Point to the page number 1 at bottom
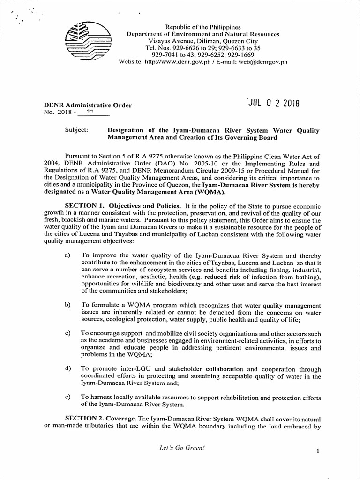pos(318,451)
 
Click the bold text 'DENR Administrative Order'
pos(88,105)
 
